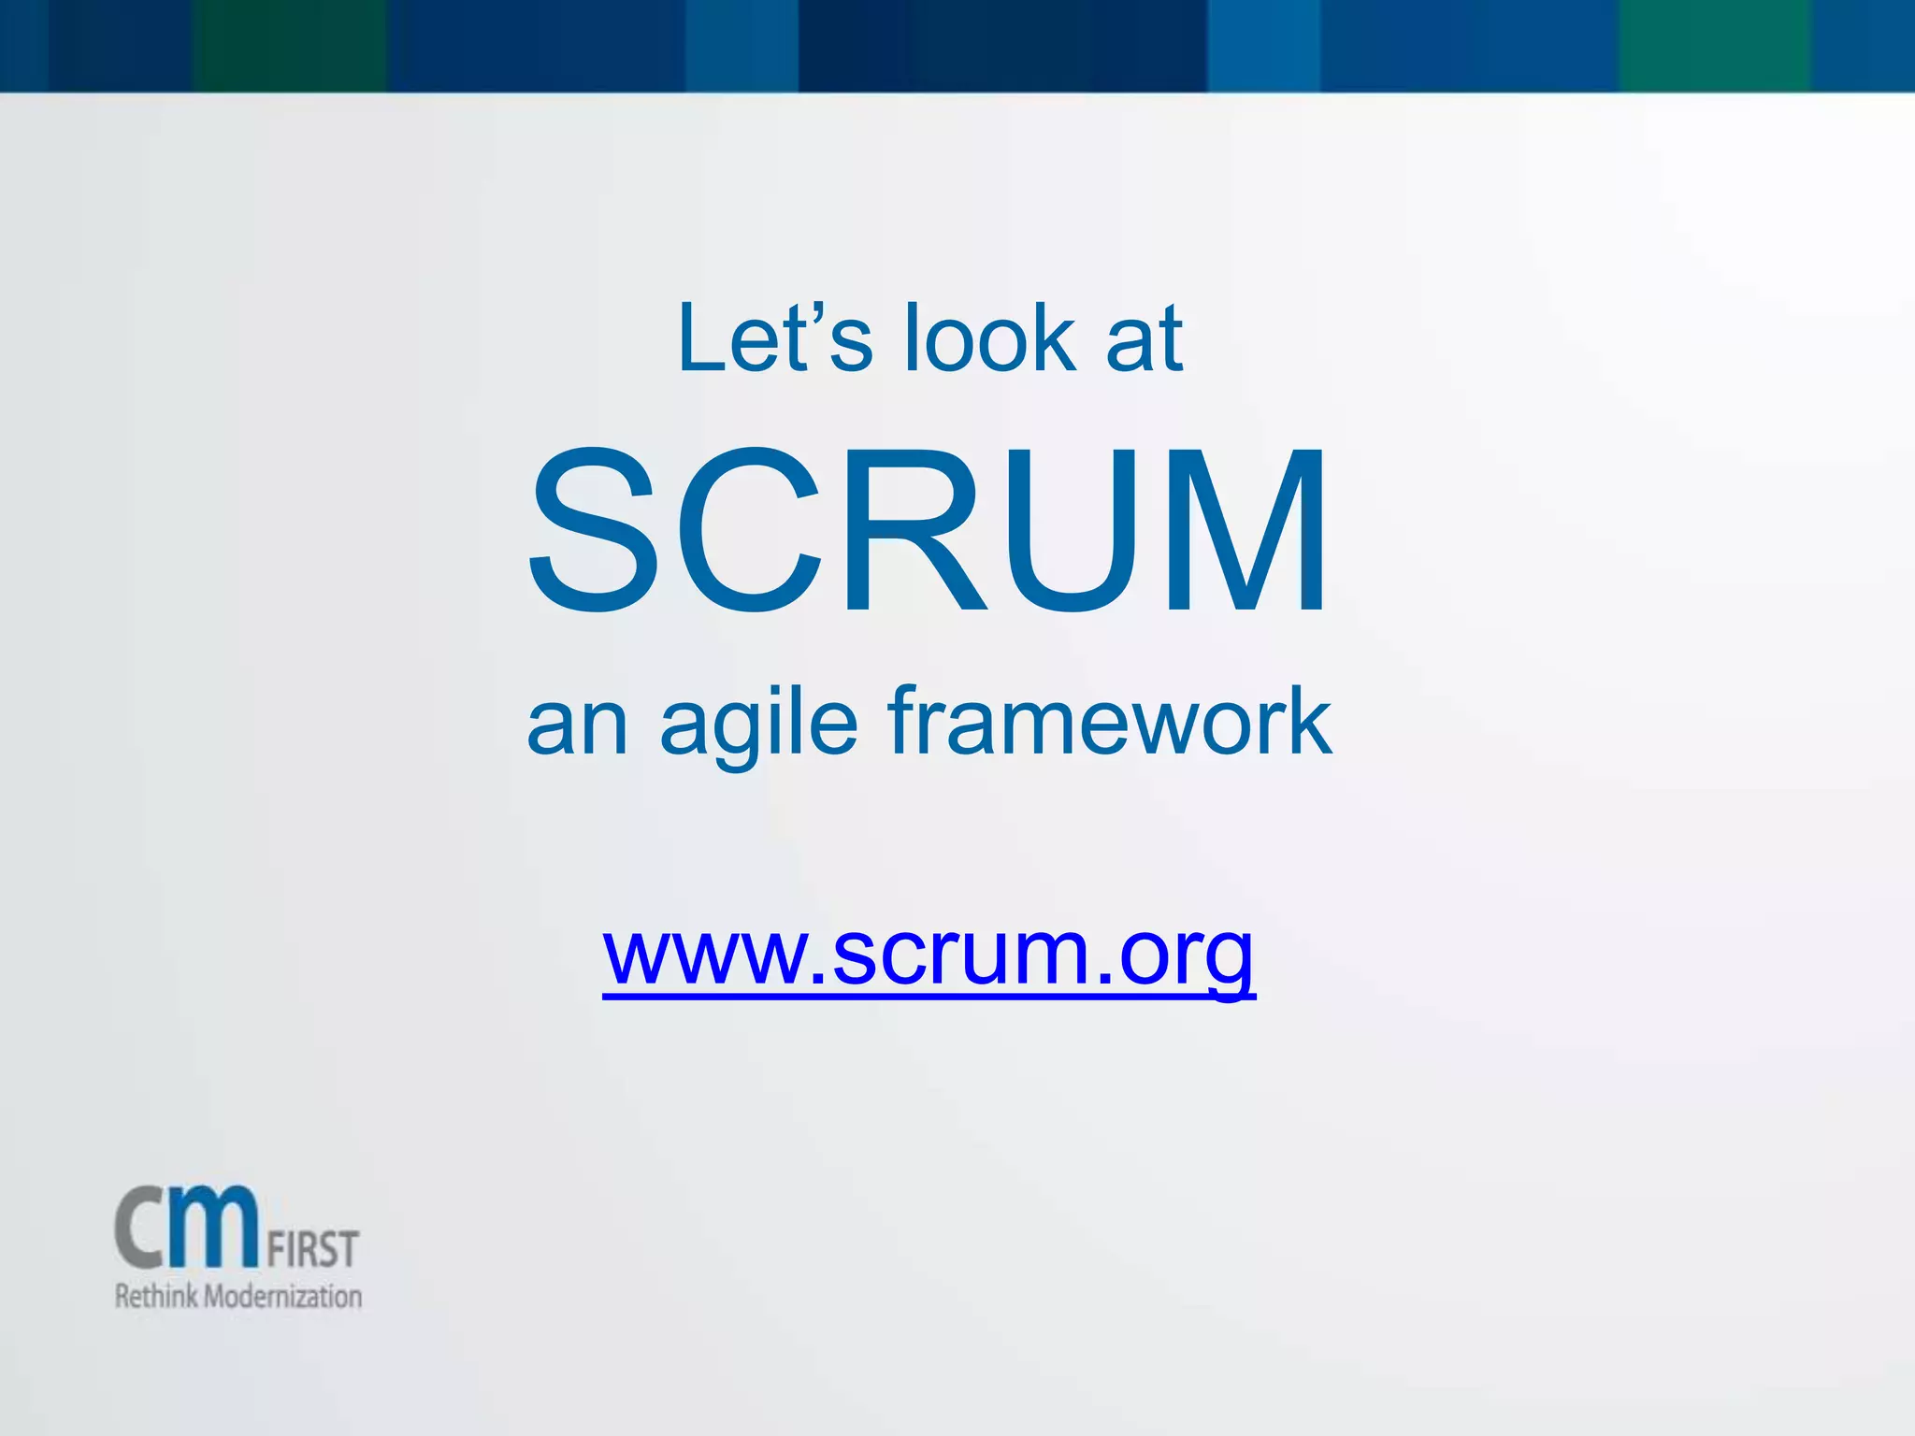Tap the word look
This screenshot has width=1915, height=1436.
coord(989,338)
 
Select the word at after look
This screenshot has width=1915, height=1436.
coord(1145,340)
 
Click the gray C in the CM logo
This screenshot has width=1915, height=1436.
coord(144,1228)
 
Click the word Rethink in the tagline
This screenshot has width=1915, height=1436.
coord(156,1297)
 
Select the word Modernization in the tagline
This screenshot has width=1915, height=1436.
coord(283,1297)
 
